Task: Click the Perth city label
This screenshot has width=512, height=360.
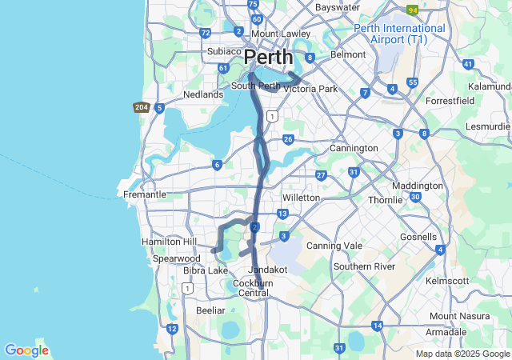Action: click(x=268, y=58)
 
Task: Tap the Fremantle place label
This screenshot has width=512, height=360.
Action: click(x=144, y=194)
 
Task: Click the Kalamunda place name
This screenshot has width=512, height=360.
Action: click(x=490, y=86)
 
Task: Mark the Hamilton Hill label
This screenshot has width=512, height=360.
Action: click(x=168, y=242)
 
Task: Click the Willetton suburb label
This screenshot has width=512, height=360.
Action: click(x=301, y=197)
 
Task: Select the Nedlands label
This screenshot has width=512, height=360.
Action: click(x=203, y=94)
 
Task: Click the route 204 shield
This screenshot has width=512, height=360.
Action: click(x=142, y=107)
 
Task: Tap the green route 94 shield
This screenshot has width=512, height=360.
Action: click(x=413, y=10)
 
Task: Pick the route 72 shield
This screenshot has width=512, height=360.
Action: click(x=206, y=33)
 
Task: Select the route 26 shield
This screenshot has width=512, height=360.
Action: click(x=288, y=139)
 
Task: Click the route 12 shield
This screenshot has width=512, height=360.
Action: click(x=172, y=328)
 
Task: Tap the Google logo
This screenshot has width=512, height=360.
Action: click(x=26, y=350)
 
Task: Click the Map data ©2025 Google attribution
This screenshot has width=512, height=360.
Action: click(x=462, y=354)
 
